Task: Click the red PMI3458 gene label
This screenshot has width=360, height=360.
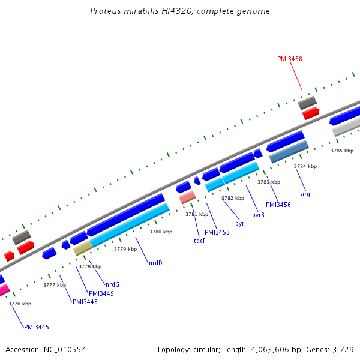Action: tap(289, 59)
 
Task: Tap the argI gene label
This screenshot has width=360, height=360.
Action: tap(306, 193)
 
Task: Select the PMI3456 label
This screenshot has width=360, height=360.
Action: tap(278, 205)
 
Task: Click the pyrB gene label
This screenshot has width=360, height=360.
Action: tap(258, 214)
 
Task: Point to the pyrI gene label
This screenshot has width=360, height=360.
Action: tap(241, 223)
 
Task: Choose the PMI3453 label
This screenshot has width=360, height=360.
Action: tap(217, 232)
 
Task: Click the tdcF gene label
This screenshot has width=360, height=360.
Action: tap(199, 241)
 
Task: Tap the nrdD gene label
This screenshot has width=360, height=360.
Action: tap(155, 263)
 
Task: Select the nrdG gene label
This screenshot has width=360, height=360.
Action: tap(112, 284)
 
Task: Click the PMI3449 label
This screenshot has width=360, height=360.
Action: tap(101, 293)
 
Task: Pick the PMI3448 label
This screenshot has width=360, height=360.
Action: tap(85, 302)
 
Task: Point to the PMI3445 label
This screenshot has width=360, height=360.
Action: tap(36, 327)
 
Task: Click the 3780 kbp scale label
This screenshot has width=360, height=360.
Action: tap(160, 232)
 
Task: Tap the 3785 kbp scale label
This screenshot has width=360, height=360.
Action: tap(341, 151)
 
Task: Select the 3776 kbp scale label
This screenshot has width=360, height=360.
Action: tap(19, 304)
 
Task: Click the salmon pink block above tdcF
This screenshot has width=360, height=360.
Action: tap(187, 197)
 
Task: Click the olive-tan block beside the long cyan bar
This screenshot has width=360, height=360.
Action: tap(83, 248)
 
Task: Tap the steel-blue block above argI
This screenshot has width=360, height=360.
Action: tap(289, 152)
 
